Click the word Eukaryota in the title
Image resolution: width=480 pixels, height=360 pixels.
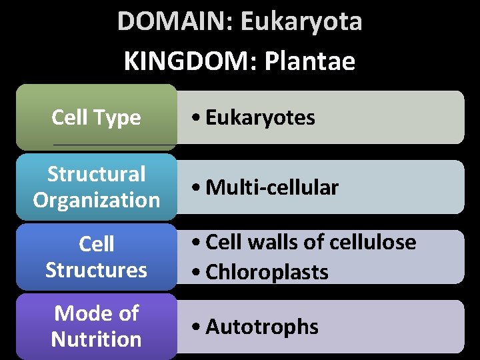point(301,21)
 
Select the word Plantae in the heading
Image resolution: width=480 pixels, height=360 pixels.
point(310,62)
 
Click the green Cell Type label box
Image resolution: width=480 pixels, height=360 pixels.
point(97,117)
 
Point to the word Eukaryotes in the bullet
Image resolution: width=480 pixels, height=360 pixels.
point(260,118)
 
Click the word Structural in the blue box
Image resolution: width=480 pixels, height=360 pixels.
point(97,175)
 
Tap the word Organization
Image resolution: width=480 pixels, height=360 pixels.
point(97,200)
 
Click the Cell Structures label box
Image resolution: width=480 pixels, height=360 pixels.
point(97,257)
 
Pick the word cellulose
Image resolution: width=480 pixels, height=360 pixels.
point(378,242)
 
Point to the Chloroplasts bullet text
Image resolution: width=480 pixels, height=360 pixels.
point(267,272)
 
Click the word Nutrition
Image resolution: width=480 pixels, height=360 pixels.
point(97,339)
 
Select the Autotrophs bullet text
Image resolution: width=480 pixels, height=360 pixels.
point(262,327)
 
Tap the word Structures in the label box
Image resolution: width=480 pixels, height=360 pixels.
point(97,270)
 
